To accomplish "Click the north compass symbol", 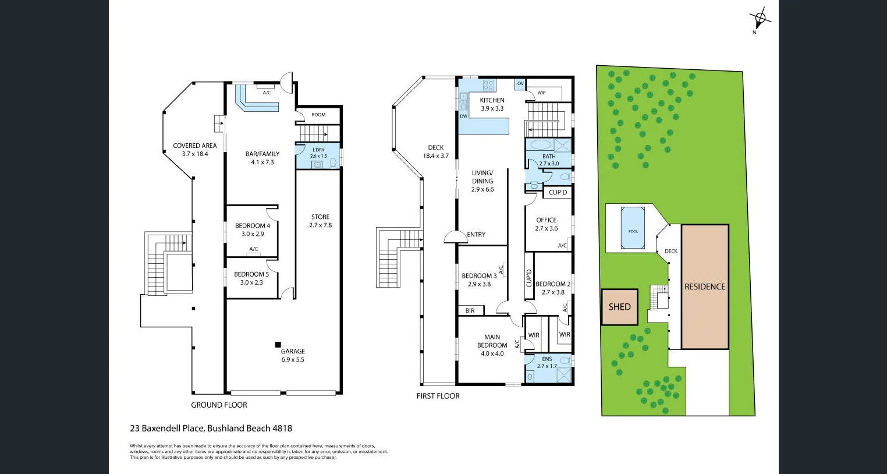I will tap(760, 19).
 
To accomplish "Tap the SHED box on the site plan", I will tap(619, 307).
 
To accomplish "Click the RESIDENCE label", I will tap(705, 286).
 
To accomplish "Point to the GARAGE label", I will tap(293, 351).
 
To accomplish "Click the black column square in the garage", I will tap(278, 344).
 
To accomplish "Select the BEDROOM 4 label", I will tap(252, 226).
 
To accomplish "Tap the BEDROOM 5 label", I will tap(251, 274).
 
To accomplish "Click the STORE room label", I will tap(320, 217).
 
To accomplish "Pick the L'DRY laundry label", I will tap(318, 150).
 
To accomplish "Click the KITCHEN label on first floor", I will tap(492, 100).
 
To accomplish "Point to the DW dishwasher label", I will tap(464, 116).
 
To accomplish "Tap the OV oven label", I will tap(520, 84).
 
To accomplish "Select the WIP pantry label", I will tap(541, 93).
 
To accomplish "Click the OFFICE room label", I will tap(546, 220).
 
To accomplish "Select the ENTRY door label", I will tap(476, 235).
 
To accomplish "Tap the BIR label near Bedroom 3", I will tap(470, 311).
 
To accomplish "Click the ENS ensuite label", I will tap(547, 359).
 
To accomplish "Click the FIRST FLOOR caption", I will tap(438, 396).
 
